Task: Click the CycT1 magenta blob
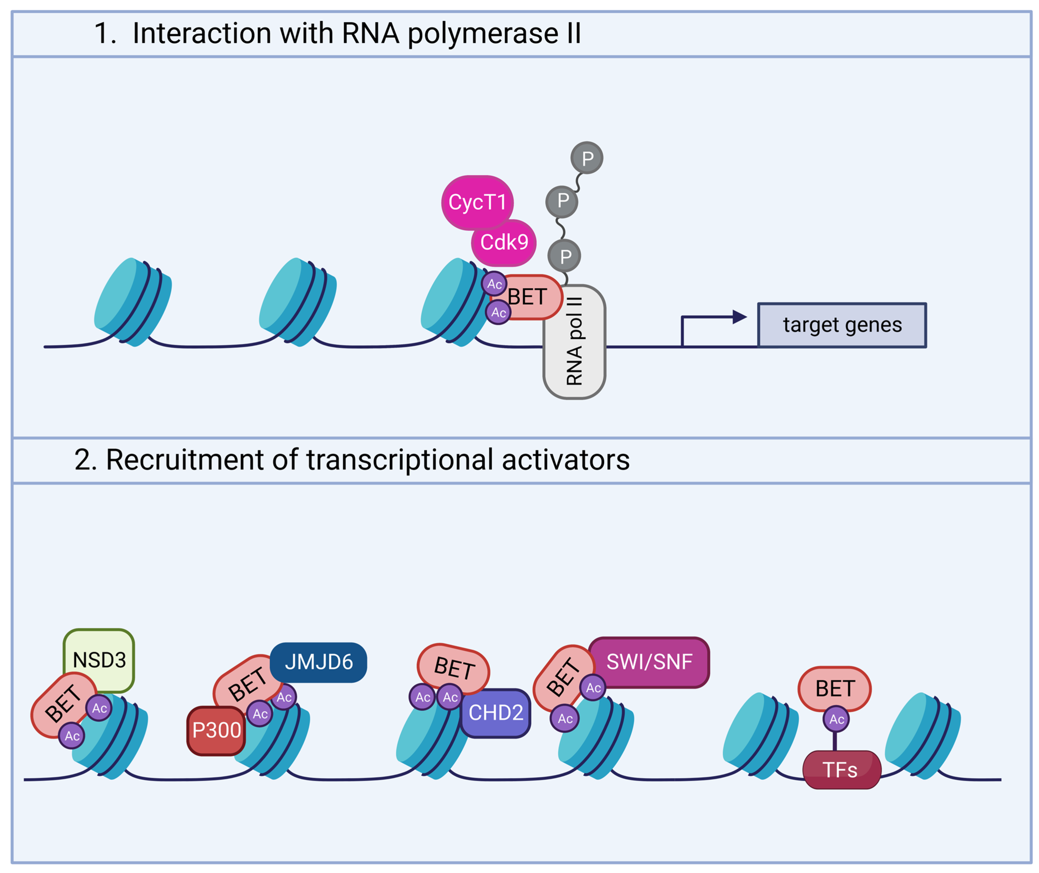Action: pyautogui.click(x=477, y=202)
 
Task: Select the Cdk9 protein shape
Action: pyautogui.click(x=504, y=243)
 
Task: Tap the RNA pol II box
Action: pyautogui.click(x=574, y=341)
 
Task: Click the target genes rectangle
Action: pyautogui.click(x=842, y=325)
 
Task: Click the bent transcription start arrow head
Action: pyautogui.click(x=739, y=317)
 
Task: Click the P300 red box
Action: pyautogui.click(x=216, y=730)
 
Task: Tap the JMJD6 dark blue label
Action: pyautogui.click(x=318, y=662)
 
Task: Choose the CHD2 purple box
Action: pyautogui.click(x=496, y=713)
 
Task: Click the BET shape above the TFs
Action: pyautogui.click(x=835, y=688)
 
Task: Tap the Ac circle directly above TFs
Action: pyautogui.click(x=836, y=719)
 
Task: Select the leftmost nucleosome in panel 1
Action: pyautogui.click(x=133, y=302)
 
